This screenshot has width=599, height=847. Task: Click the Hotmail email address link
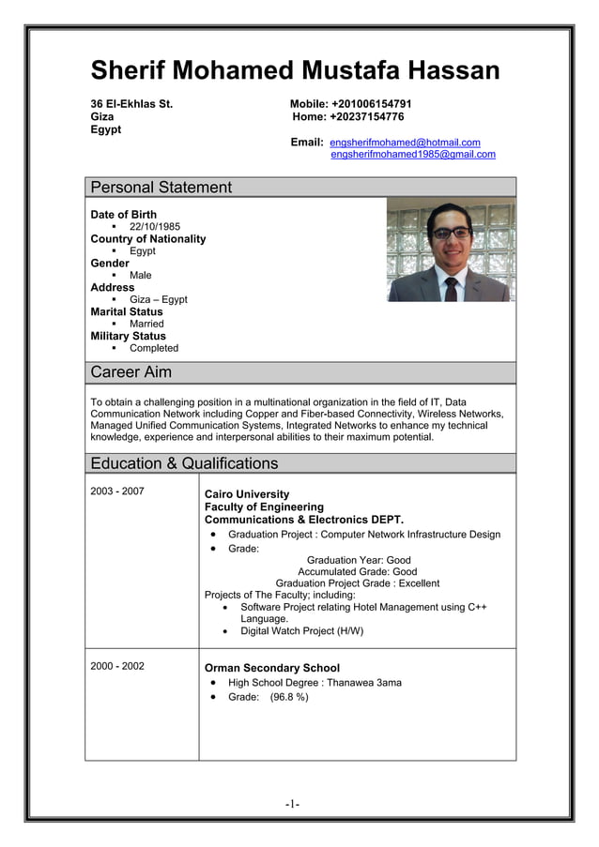(405, 142)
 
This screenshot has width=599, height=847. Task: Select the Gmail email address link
(413, 154)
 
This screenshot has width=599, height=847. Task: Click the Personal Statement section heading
(161, 188)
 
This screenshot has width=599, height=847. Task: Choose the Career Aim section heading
(131, 372)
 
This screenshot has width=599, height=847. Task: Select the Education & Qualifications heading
(184, 463)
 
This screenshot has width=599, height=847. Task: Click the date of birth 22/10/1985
(155, 227)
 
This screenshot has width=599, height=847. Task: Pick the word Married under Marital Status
(146, 324)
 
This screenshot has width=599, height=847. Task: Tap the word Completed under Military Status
(153, 348)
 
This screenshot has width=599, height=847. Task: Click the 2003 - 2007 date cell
(117, 491)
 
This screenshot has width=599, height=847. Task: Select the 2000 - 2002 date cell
(117, 666)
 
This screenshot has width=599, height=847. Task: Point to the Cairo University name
(247, 494)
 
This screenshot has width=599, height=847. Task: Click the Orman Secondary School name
(272, 669)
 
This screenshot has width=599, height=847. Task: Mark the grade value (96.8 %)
(289, 697)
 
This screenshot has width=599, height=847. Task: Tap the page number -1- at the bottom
(293, 804)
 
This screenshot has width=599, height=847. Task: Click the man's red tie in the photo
(451, 285)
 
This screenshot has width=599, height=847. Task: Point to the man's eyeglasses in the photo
(452, 233)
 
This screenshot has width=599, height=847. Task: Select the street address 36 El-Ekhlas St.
(131, 103)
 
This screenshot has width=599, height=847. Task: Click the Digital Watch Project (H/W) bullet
(301, 631)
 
